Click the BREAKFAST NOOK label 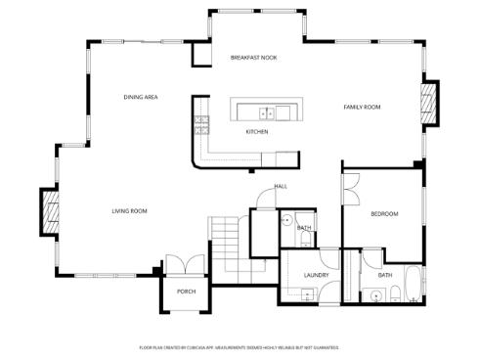click(253, 58)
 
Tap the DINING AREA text click(141, 97)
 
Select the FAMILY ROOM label click(361, 106)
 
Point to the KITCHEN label click(257, 131)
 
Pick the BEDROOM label click(384, 213)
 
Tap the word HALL click(281, 186)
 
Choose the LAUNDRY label click(315, 275)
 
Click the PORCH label click(186, 292)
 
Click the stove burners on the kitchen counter click(201, 123)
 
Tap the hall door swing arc click(264, 199)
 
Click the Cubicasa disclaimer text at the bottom click(239, 347)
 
